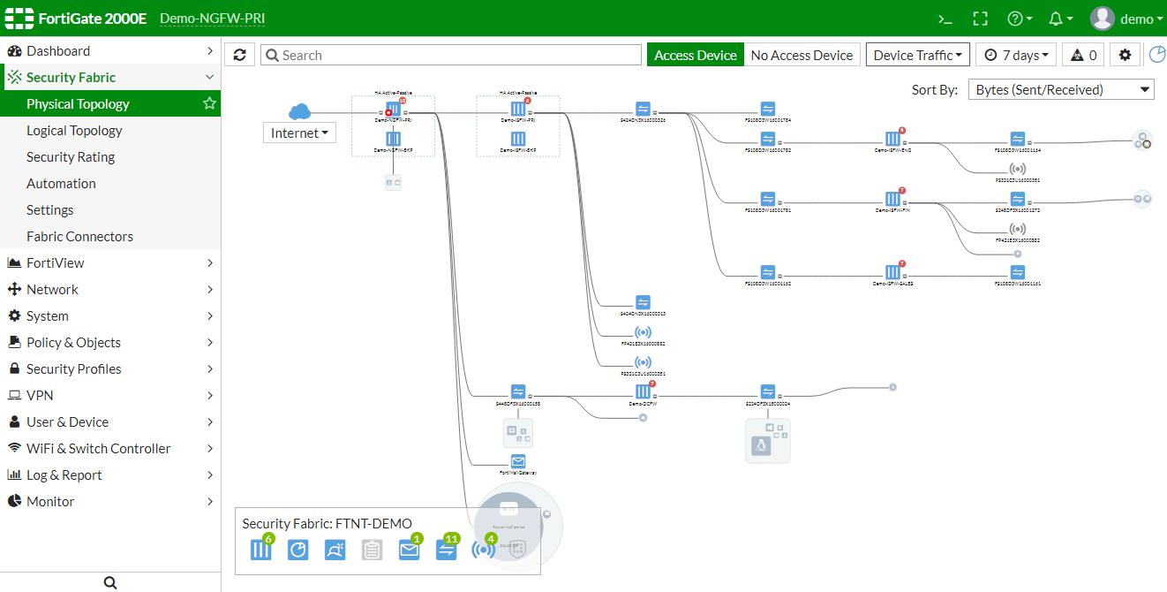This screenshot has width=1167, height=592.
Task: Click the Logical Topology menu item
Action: pyautogui.click(x=74, y=131)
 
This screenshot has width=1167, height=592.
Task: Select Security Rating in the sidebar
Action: pyautogui.click(x=71, y=157)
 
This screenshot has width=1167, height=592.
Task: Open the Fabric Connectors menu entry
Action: pyautogui.click(x=79, y=237)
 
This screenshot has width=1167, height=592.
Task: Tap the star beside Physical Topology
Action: pyautogui.click(x=209, y=104)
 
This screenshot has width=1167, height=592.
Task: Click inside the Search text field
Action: pyautogui.click(x=450, y=55)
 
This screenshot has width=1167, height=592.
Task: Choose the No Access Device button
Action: pyautogui.click(x=802, y=55)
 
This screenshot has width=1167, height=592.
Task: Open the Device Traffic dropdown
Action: pyautogui.click(x=917, y=55)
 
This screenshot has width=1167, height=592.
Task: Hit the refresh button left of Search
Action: pyautogui.click(x=239, y=55)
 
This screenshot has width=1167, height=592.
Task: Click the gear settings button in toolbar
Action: pyautogui.click(x=1125, y=55)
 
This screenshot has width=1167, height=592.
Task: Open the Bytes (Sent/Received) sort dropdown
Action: pyautogui.click(x=1060, y=89)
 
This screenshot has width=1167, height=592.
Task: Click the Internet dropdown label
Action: pyautogui.click(x=299, y=133)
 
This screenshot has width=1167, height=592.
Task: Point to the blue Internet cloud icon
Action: pyautogui.click(x=300, y=111)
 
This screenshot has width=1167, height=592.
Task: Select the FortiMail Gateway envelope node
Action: pyautogui.click(x=518, y=461)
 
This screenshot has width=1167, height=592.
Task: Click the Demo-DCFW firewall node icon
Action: pyautogui.click(x=643, y=391)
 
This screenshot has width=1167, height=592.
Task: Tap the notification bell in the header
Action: pyautogui.click(x=1057, y=19)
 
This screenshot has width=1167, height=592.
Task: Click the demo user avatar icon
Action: pyautogui.click(x=1102, y=19)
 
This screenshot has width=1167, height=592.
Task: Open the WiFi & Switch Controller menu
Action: pyautogui.click(x=98, y=449)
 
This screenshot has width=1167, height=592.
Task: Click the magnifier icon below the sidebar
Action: pyautogui.click(x=110, y=582)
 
